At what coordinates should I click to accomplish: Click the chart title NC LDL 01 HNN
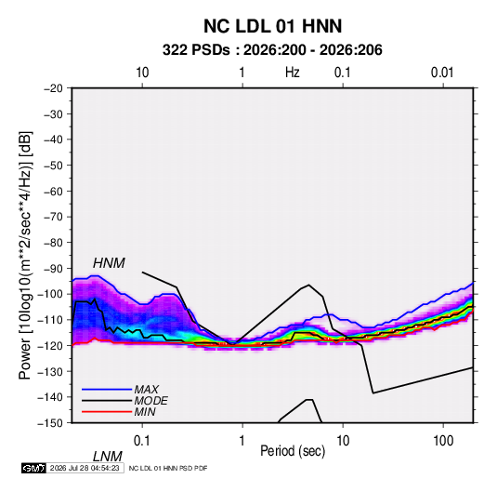coord(272,26)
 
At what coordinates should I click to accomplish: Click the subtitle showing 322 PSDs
coord(272,50)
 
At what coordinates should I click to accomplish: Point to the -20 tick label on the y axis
coord(53,88)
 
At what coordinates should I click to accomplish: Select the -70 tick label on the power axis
coord(53,217)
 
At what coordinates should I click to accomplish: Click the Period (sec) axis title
coord(293,451)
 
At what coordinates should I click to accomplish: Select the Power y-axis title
coord(25,256)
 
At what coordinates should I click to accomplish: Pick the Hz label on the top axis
coord(293,73)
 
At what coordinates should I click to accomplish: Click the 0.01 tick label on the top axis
coord(442,73)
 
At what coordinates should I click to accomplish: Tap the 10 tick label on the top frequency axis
coord(142,73)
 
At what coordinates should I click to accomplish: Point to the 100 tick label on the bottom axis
coord(443,441)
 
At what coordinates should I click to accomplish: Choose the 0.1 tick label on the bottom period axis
coord(142,441)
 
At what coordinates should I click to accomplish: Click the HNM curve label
coord(109,263)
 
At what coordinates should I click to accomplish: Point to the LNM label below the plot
coord(107,457)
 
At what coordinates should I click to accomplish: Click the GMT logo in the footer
coord(33,468)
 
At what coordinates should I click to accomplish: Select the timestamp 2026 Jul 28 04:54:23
coord(85,468)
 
